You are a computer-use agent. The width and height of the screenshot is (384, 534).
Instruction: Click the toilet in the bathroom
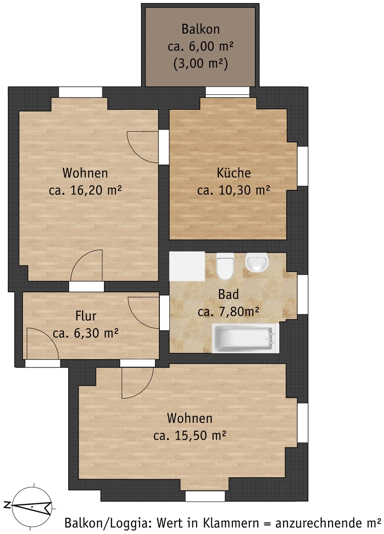[225, 266]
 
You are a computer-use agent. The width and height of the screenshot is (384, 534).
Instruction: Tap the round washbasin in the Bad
[256, 263]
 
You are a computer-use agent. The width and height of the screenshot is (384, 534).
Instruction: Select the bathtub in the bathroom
[245, 338]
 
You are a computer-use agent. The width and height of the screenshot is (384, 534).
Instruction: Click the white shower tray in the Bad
[187, 267]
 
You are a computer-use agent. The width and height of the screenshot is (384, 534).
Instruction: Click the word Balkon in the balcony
[200, 29]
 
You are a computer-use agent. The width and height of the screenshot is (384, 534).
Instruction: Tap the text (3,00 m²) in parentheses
[200, 64]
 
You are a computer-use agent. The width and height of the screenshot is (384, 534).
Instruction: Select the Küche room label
[234, 173]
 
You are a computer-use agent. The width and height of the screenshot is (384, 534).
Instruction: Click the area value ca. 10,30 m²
[234, 190]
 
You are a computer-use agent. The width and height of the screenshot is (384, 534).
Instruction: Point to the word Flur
[86, 316]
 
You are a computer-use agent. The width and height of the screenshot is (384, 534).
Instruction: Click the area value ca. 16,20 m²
[85, 190]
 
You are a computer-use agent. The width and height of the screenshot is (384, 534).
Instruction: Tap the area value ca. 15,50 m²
[190, 435]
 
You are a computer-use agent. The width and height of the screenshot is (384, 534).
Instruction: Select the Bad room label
[228, 294]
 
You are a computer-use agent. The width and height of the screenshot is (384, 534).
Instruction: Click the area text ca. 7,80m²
[228, 311]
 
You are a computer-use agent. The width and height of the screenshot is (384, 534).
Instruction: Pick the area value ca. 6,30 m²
[86, 333]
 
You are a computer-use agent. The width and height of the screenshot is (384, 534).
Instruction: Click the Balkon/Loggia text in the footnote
[108, 523]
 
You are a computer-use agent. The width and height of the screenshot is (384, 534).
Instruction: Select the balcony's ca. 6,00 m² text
[200, 46]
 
